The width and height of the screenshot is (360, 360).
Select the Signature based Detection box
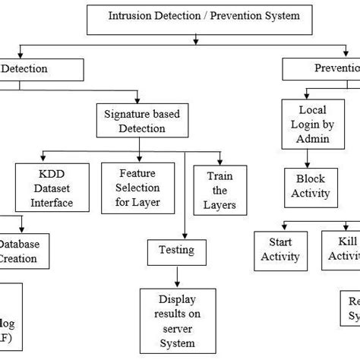click(x=135, y=121)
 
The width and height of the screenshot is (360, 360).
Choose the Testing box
click(x=175, y=250)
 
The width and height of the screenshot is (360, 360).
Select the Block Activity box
click(x=311, y=186)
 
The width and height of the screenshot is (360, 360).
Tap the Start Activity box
click(x=281, y=251)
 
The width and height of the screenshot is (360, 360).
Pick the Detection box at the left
click(x=41, y=69)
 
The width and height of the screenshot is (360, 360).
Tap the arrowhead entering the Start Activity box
click(x=282, y=229)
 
